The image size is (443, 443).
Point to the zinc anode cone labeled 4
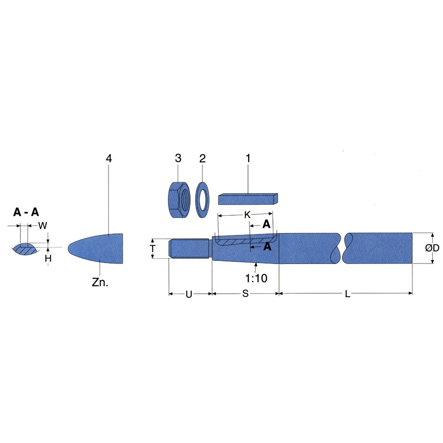coord(96,249)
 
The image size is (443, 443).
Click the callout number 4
coord(109,159)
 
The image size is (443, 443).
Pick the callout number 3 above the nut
coord(178,158)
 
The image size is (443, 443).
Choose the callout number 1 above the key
coord(248,158)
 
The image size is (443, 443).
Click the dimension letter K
coord(247,215)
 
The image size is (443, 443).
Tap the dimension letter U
coord(189,295)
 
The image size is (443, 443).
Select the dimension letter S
coord(245,294)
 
